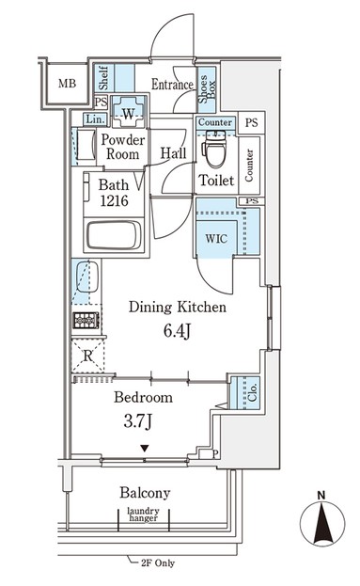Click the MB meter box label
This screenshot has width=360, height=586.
pos(68,83)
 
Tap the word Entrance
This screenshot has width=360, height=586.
pos(172,85)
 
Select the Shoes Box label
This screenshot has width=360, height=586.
pos(207,89)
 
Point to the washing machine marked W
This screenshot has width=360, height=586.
pos(128,112)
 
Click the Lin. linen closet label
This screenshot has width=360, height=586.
pos(95,119)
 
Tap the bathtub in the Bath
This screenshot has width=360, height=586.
pos(114,236)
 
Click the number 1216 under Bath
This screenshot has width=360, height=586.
pos(114,201)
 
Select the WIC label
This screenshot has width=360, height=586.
pos(216,238)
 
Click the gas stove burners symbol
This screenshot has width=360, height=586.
pos(86,321)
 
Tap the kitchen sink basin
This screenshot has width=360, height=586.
pos(87,277)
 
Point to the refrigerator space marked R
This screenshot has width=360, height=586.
pos(88,356)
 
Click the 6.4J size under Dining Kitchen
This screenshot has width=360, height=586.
pos(177,331)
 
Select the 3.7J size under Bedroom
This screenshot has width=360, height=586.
pos(138,422)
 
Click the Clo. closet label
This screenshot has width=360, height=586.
pos(253,393)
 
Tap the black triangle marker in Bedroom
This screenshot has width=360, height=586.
pos(145,448)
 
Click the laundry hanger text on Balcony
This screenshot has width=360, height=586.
pos(144,515)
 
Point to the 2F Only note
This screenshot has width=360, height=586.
pos(158,562)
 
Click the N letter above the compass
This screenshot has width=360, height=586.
pos(321,496)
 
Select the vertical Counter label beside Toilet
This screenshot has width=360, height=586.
pos(249,166)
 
